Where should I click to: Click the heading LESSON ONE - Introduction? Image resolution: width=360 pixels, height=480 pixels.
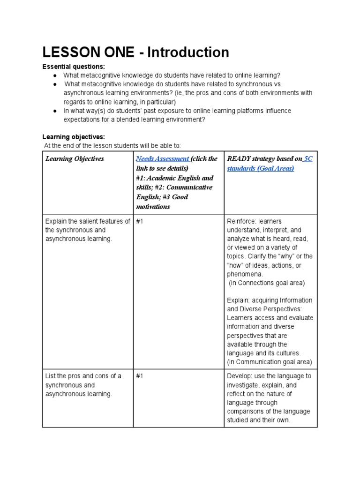pyautogui.click(x=135, y=52)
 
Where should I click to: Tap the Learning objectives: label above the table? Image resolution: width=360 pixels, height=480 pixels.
pyautogui.click(x=74, y=137)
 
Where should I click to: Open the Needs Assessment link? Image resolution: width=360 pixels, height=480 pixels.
pyautogui.click(x=162, y=159)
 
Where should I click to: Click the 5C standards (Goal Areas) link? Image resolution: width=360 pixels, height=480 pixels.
pyautogui.click(x=269, y=164)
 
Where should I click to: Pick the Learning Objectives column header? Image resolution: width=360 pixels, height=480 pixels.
pyautogui.click(x=75, y=159)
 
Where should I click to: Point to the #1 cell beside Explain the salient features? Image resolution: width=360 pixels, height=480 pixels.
pyautogui.click(x=140, y=221)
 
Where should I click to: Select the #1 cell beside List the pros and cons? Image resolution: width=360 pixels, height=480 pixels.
pyautogui.click(x=140, y=376)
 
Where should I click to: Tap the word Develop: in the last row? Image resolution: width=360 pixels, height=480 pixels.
pyautogui.click(x=240, y=376)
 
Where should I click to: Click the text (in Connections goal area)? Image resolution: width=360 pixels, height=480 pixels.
pyautogui.click(x=267, y=283)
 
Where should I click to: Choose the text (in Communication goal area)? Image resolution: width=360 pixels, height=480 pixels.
pyautogui.click(x=269, y=362)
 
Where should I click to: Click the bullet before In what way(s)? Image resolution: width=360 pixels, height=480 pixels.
pyautogui.click(x=55, y=111)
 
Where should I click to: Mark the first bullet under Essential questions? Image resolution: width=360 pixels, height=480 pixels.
pyautogui.click(x=55, y=75)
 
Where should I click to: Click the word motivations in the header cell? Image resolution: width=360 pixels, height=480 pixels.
pyautogui.click(x=153, y=207)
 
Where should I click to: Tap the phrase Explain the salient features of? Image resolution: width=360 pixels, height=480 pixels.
pyautogui.click(x=88, y=221)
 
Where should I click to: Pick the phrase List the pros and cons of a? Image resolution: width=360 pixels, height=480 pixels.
pyautogui.click(x=83, y=376)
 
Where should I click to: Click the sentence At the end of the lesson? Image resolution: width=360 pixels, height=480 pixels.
pyautogui.click(x=112, y=146)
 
